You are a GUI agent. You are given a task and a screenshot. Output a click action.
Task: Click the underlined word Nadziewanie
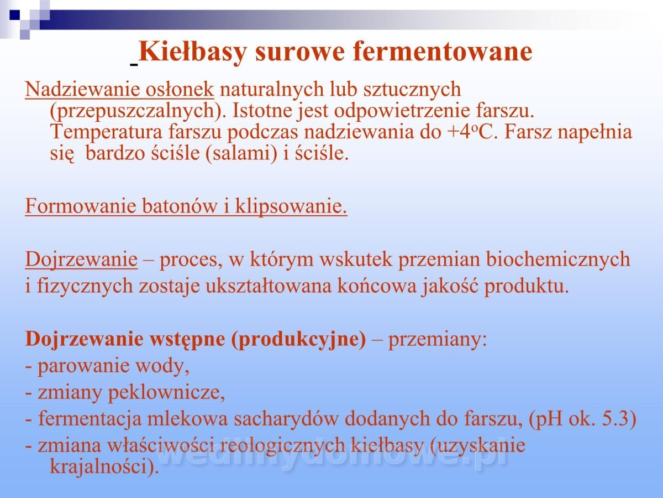click(82, 90)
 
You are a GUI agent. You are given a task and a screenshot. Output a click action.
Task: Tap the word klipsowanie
click(291, 206)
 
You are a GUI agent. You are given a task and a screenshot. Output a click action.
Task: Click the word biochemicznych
click(558, 260)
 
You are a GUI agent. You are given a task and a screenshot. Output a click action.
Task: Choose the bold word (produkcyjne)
click(299, 339)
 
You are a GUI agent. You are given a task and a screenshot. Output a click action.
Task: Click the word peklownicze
click(166, 393)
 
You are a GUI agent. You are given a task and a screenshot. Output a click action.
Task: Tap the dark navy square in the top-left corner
click(14, 15)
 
